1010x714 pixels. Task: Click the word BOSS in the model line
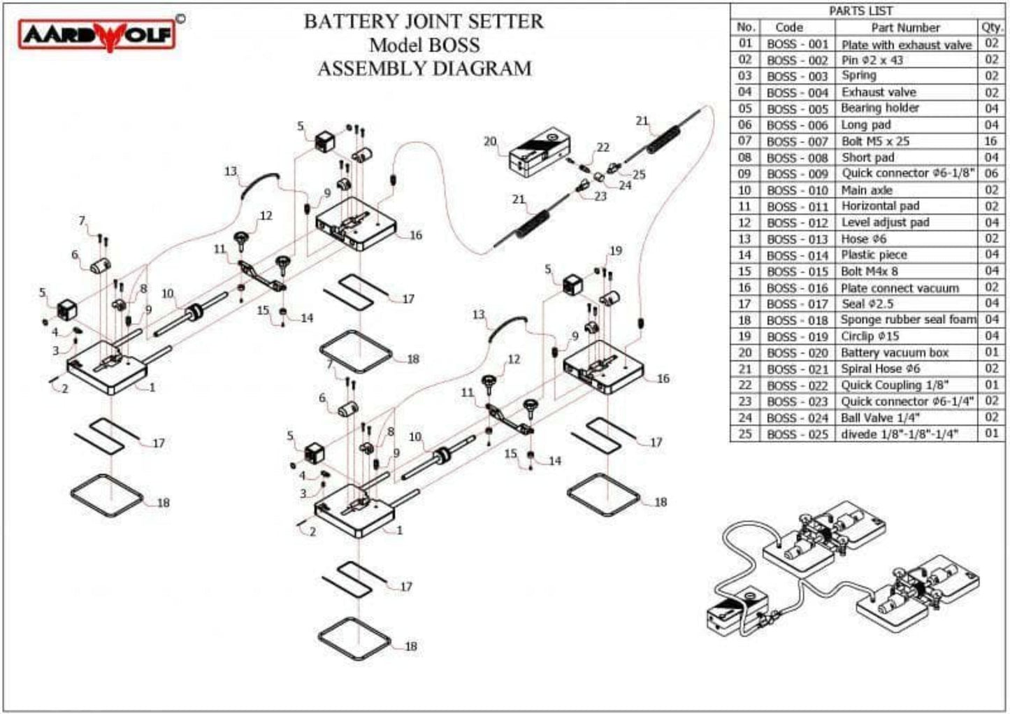coord(454,45)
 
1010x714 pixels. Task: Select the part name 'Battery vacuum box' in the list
coord(894,352)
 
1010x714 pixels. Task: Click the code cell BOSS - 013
coord(797,239)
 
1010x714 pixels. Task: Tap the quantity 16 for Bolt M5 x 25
coord(991,141)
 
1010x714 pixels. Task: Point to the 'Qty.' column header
coord(991,27)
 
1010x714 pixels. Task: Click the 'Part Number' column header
coord(904,27)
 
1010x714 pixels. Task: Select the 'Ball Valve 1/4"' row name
coord(880,417)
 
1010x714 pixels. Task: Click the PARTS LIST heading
coord(860,10)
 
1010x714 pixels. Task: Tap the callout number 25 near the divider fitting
coord(639,175)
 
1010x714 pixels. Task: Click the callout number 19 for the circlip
coord(615,251)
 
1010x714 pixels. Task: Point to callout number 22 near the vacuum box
coord(603,148)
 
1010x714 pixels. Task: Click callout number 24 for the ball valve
coord(625,186)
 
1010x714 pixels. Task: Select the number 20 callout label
coord(489,141)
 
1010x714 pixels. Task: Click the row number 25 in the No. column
coord(745,434)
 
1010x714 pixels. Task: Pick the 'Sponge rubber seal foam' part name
coord(908,320)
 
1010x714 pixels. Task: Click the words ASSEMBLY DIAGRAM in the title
coord(424,69)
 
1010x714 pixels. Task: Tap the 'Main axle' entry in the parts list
coord(866,190)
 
